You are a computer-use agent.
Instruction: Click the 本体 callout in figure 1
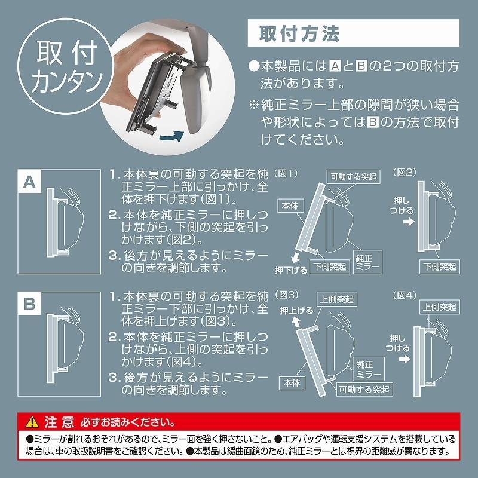[292, 204]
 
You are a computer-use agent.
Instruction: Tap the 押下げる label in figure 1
[291, 269]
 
